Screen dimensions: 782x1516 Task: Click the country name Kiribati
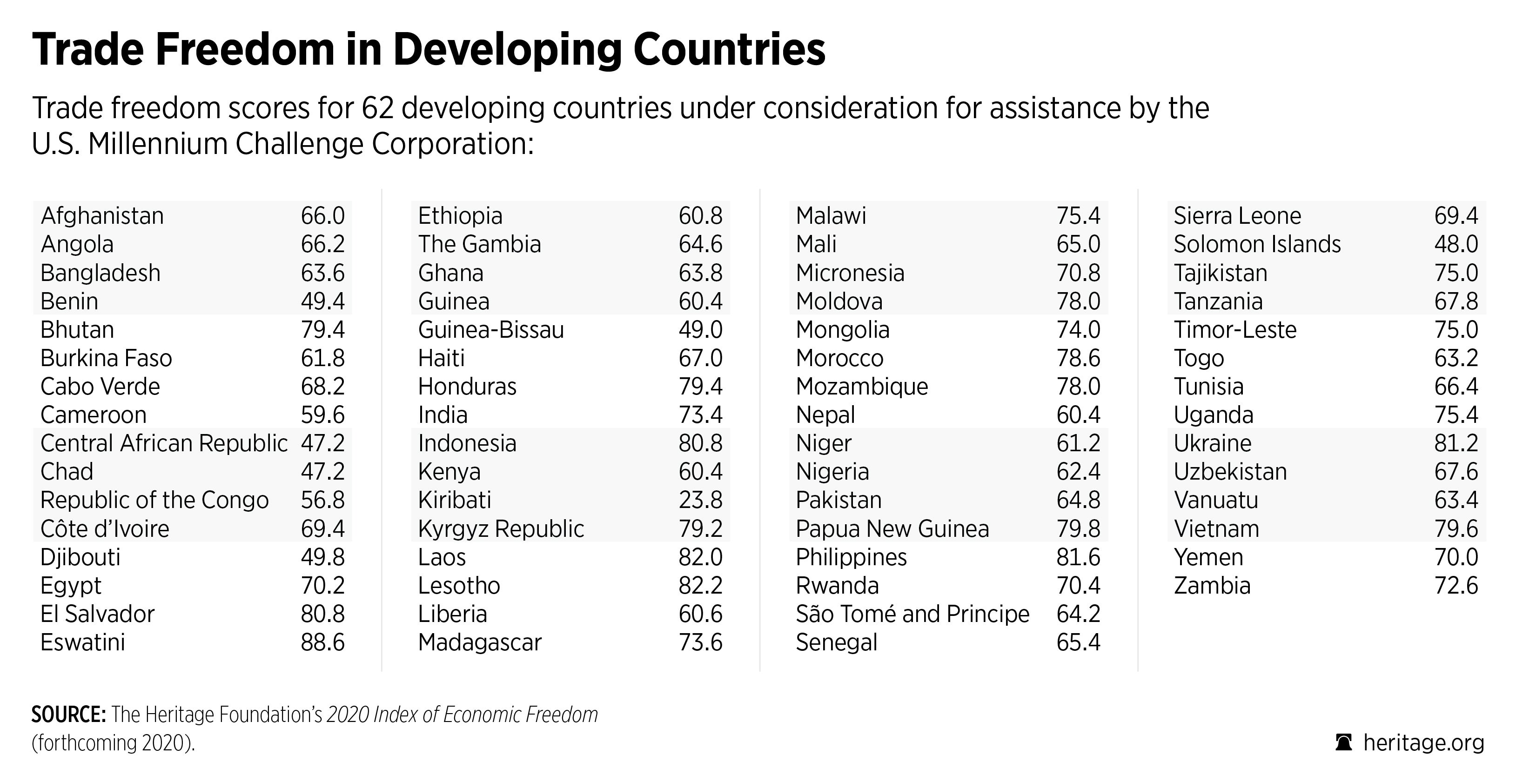pyautogui.click(x=454, y=500)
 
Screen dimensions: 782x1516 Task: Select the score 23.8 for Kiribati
pyautogui.click(x=700, y=500)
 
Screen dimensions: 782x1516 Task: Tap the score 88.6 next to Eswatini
pyautogui.click(x=322, y=642)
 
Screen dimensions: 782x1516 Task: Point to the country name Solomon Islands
pyautogui.click(x=1257, y=244)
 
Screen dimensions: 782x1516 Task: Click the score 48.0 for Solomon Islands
pyautogui.click(x=1456, y=244)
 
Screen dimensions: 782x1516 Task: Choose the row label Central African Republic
pyautogui.click(x=164, y=443)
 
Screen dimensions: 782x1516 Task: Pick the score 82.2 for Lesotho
pyautogui.click(x=700, y=586)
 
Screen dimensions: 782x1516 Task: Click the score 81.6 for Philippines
pyautogui.click(x=1078, y=557)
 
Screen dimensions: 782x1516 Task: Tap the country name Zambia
pyautogui.click(x=1212, y=586)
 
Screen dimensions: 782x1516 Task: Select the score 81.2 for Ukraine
pyautogui.click(x=1456, y=443)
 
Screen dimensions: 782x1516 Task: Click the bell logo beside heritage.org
pyautogui.click(x=1343, y=742)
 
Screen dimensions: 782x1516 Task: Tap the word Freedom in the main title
pyautogui.click(x=245, y=49)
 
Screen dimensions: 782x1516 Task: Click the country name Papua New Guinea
pyautogui.click(x=892, y=529)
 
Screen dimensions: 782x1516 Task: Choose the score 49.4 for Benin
pyautogui.click(x=322, y=301)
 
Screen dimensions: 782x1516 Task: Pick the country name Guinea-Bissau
pyautogui.click(x=491, y=329)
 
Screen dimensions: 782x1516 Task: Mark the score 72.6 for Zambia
pyautogui.click(x=1456, y=586)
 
